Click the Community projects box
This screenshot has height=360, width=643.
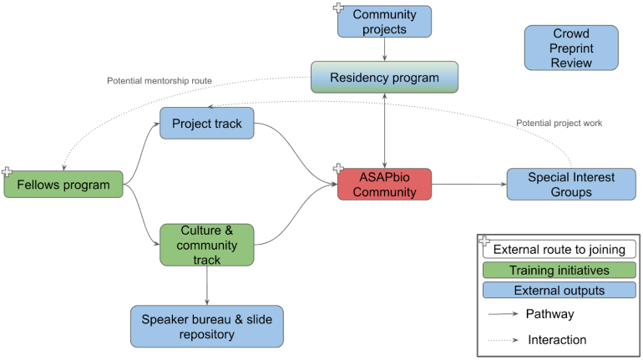click(x=384, y=22)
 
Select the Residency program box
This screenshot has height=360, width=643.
click(x=384, y=78)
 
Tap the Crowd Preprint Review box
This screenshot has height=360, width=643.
click(x=571, y=48)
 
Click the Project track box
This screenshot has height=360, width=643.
click(x=206, y=124)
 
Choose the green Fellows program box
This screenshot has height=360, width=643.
click(x=63, y=184)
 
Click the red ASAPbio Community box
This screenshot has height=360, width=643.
click(x=384, y=184)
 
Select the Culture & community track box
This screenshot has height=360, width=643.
click(x=206, y=245)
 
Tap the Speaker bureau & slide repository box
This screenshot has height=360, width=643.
click(x=206, y=326)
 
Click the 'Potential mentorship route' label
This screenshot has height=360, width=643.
click(x=159, y=81)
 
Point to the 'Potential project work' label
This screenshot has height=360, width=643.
click(x=559, y=123)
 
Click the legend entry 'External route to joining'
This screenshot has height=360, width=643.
click(x=560, y=249)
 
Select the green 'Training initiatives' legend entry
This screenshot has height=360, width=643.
click(x=559, y=270)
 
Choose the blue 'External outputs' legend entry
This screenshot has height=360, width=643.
click(x=559, y=291)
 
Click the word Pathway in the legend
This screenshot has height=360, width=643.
click(x=549, y=314)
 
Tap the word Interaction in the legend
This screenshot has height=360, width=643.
click(x=557, y=339)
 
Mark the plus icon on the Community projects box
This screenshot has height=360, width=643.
click(x=339, y=8)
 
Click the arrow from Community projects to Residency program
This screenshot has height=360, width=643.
click(x=384, y=49)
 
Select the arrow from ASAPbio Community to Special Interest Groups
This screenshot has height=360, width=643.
click(x=469, y=184)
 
